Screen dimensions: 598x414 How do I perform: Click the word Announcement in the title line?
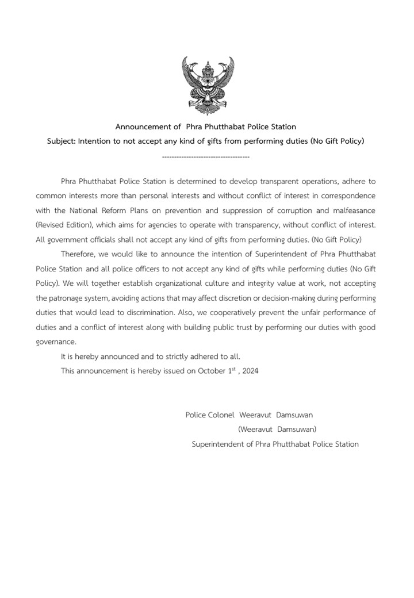(140, 126)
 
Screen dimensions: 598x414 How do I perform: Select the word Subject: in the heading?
(61, 141)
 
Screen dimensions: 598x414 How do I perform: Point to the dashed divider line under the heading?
(206, 156)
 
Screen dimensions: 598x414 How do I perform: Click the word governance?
(55, 342)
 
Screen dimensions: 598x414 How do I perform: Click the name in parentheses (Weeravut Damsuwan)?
(277, 429)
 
